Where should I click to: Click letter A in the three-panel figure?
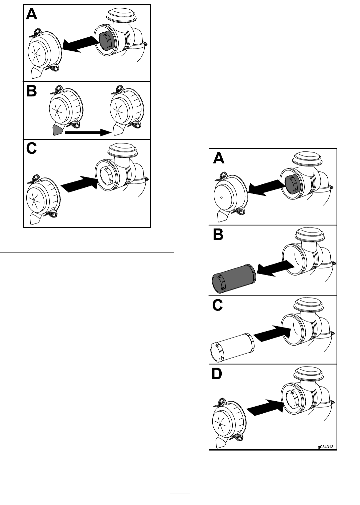point(32,15)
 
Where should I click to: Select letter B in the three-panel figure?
point(31,91)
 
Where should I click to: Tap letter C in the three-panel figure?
point(32,148)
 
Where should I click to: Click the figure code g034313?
point(326,447)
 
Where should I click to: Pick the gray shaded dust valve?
point(57,130)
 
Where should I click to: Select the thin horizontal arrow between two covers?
point(88,132)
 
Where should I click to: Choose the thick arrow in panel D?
point(265,407)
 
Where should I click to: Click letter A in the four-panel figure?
point(219,158)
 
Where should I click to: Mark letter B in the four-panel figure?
point(218,234)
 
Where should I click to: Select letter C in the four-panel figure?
point(218,305)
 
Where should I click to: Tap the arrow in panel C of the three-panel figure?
point(79,184)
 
